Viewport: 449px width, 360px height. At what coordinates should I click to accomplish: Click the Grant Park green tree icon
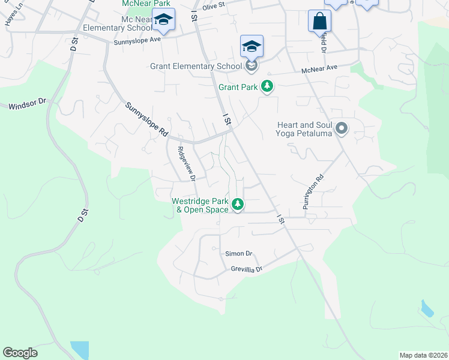click(267, 88)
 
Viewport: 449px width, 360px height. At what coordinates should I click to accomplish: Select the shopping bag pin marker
click(319, 21)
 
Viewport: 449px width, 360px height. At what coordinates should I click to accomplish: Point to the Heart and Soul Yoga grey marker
click(342, 128)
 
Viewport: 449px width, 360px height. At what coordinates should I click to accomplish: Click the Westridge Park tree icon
click(238, 205)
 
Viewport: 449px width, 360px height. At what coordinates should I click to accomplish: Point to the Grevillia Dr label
click(247, 269)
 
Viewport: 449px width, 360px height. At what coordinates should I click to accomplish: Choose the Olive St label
click(213, 6)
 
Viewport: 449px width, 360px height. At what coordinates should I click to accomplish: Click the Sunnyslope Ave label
click(139, 40)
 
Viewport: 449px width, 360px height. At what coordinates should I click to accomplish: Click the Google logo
click(20, 353)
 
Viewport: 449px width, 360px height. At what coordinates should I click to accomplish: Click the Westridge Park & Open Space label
click(200, 206)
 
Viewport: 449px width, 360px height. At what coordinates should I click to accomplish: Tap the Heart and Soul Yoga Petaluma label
click(304, 129)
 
